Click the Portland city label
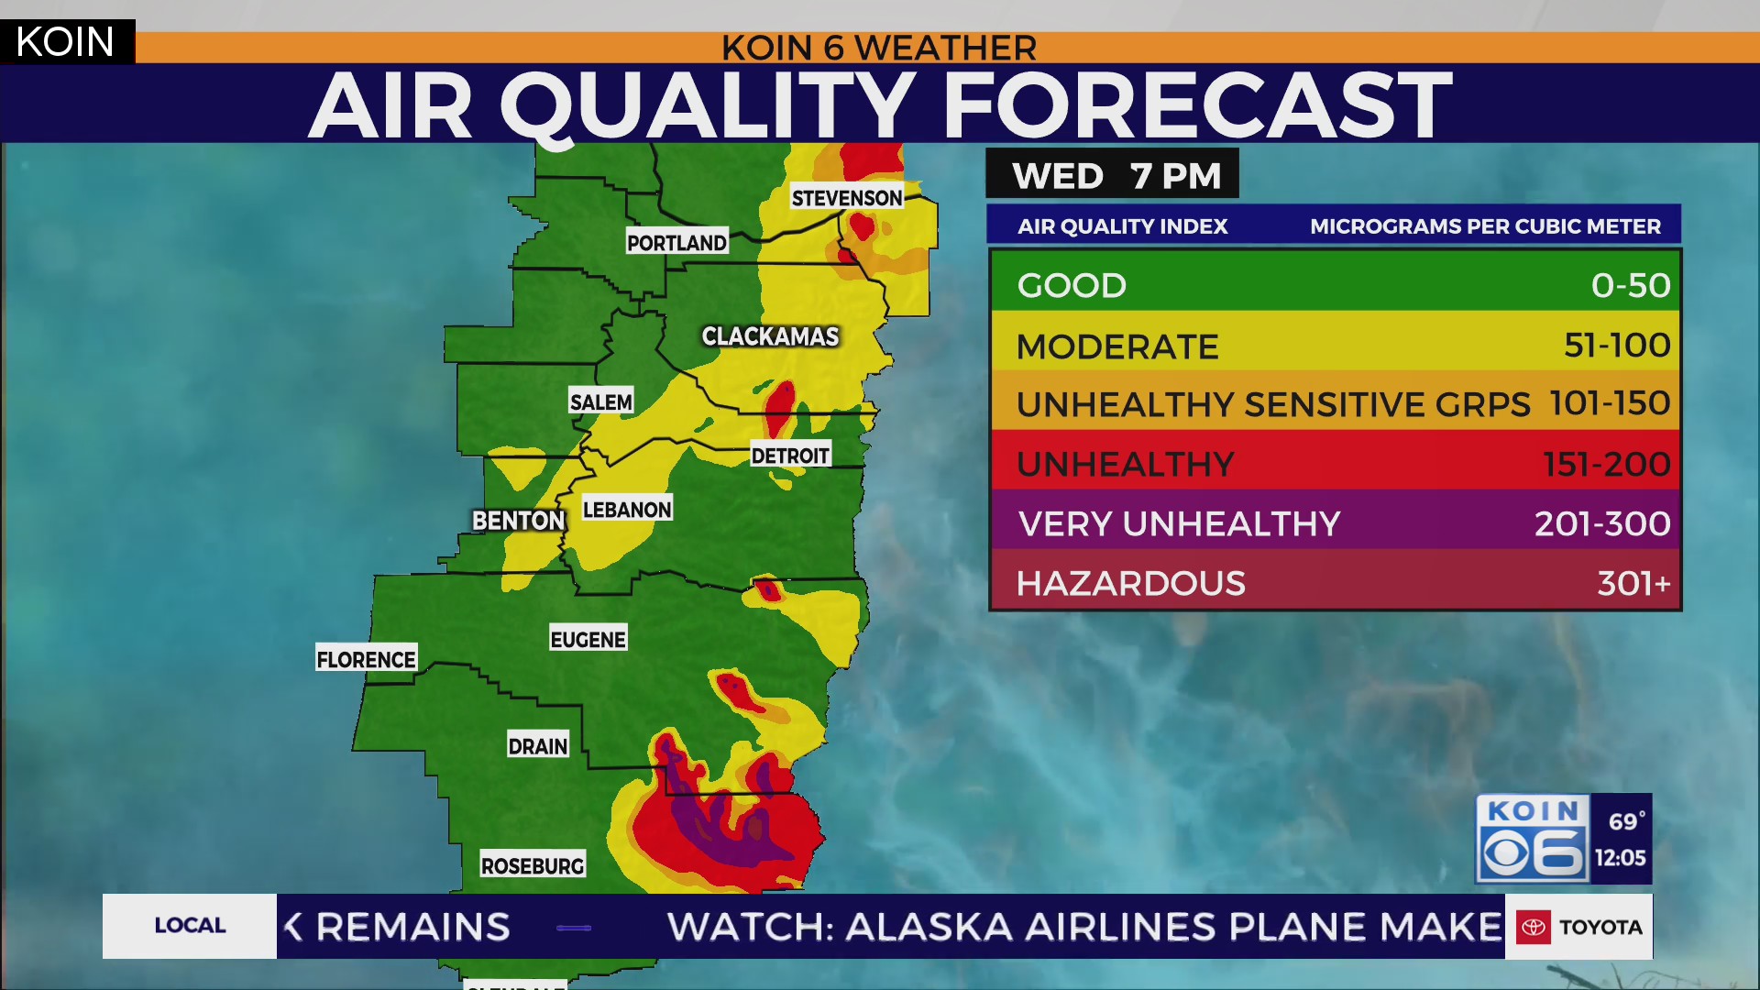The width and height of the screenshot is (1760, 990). click(676, 242)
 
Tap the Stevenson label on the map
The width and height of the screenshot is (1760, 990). click(847, 198)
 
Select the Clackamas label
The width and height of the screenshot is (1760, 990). click(770, 336)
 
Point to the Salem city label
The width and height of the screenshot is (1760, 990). click(600, 401)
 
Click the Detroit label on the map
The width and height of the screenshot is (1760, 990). click(789, 456)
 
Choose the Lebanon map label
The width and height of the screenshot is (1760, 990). click(627, 509)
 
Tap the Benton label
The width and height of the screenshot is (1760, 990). click(518, 521)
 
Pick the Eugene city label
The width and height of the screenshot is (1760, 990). click(588, 639)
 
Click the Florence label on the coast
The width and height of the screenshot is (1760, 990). click(366, 659)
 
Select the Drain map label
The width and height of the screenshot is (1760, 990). click(538, 746)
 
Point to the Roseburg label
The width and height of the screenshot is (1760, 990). click(533, 865)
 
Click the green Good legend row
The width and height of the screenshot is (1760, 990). click(1335, 284)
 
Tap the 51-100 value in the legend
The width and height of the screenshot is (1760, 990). click(1616, 346)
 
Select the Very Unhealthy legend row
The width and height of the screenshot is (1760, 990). click(1335, 523)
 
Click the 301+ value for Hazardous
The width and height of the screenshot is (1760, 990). click(1633, 583)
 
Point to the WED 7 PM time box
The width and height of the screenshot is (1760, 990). click(1113, 174)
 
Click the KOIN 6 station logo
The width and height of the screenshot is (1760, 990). click(1533, 839)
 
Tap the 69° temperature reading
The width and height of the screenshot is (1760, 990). click(1625, 821)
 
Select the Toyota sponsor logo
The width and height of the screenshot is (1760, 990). click(1578, 927)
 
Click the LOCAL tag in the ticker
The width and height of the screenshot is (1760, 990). click(190, 926)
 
